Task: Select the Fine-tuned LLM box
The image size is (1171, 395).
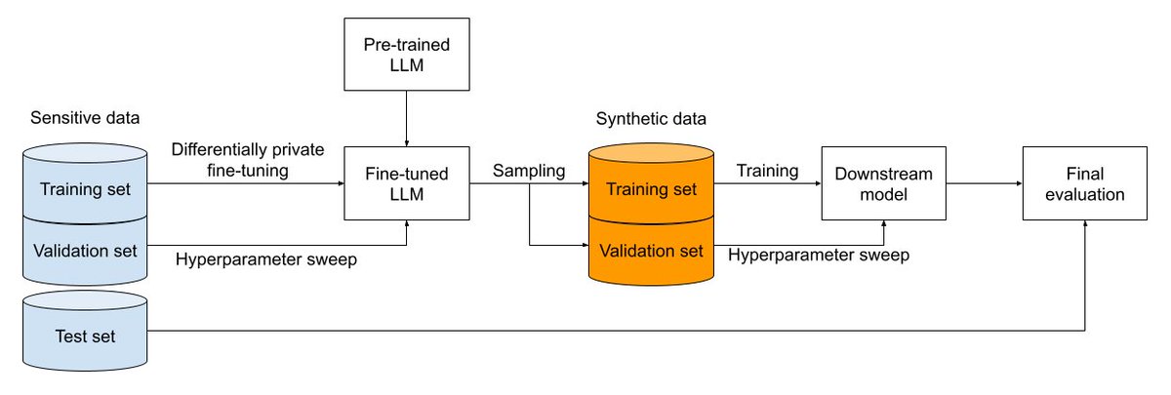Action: coord(406,182)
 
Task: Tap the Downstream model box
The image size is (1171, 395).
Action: coord(884,182)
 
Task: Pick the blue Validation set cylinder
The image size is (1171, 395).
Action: coord(83,251)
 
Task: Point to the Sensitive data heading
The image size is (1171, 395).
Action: coord(85,118)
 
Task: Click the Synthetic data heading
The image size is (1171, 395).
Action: coord(651,118)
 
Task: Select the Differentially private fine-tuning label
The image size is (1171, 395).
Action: coord(248,160)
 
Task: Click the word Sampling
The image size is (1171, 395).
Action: coord(528,171)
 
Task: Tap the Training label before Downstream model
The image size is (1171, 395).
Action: coord(767,171)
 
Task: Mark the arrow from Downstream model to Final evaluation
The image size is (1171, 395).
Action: coord(985,182)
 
